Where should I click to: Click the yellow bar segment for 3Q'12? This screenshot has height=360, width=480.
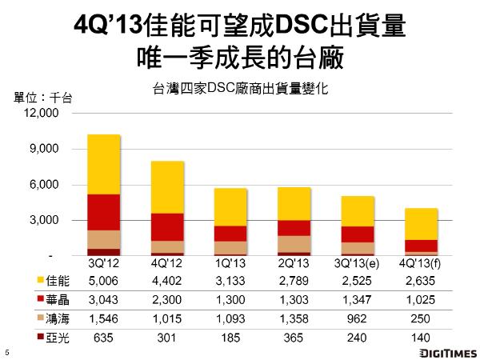pos(103,164)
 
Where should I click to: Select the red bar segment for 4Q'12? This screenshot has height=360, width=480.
pos(167,226)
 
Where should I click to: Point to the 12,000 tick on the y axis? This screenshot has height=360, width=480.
pos(45,114)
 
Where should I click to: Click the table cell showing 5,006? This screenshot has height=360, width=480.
pos(103,281)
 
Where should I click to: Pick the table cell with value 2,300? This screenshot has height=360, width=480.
pos(167,300)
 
